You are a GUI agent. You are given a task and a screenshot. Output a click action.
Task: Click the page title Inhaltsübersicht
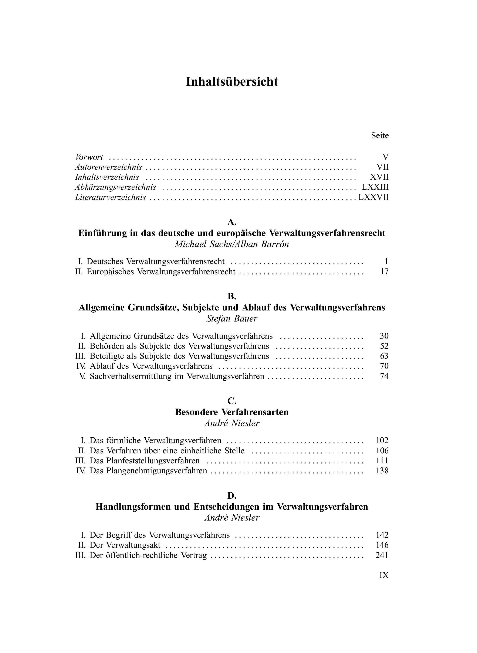click(x=232, y=82)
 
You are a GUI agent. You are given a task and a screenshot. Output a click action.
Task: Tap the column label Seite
click(x=380, y=135)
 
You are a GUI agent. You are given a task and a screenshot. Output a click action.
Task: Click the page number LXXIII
click(x=375, y=187)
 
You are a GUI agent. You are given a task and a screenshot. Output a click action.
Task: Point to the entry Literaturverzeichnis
click(x=110, y=197)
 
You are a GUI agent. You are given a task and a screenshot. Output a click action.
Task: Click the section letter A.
click(x=232, y=222)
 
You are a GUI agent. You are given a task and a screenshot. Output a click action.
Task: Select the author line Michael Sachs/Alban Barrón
click(x=232, y=244)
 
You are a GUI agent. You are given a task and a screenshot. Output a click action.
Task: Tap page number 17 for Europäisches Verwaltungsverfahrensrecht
click(x=384, y=272)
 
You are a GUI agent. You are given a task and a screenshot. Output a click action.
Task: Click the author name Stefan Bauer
click(x=232, y=319)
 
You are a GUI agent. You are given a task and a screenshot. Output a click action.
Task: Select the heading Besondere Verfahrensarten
click(x=232, y=412)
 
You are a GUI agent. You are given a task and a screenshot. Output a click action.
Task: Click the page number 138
click(x=382, y=471)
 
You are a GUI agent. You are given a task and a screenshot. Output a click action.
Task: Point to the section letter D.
click(x=232, y=496)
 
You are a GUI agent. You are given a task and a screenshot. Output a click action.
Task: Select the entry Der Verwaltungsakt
click(x=125, y=545)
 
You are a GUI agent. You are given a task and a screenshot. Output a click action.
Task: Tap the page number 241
click(x=382, y=555)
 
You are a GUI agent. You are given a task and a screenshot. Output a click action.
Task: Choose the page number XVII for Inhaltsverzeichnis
click(x=379, y=177)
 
